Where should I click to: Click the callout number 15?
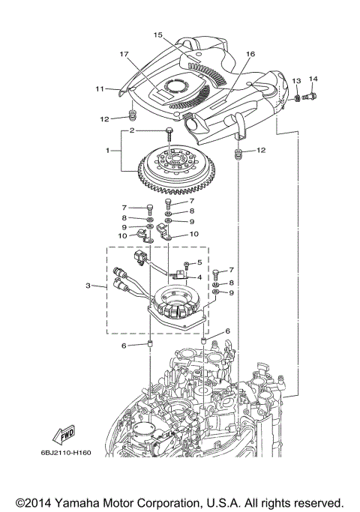click(x=158, y=35)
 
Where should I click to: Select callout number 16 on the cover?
click(x=250, y=54)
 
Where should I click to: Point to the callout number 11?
click(x=99, y=89)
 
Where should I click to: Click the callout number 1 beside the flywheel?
click(x=109, y=150)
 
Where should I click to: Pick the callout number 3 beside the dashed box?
click(x=88, y=286)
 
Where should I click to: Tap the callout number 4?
click(x=199, y=277)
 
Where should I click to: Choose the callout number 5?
click(x=199, y=262)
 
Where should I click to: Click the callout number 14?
click(x=313, y=79)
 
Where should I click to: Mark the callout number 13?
click(x=296, y=80)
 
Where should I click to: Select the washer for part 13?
click(x=296, y=97)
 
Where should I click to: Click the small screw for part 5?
click(x=185, y=264)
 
